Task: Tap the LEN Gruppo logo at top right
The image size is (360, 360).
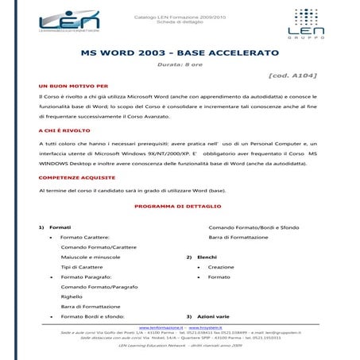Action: coord(317,23)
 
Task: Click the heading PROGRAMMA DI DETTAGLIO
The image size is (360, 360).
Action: coord(180,205)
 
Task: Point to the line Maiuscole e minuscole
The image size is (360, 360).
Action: coord(91,257)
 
